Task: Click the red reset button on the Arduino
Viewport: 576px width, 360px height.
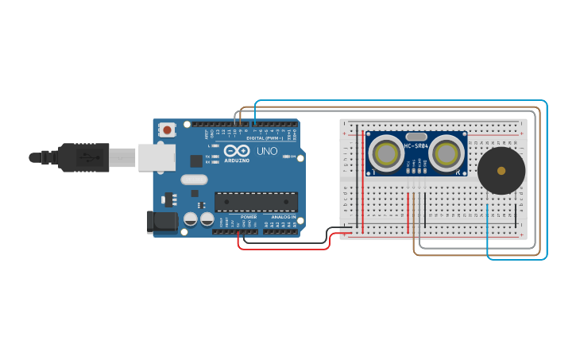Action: [167, 130]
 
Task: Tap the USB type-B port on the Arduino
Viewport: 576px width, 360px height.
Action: [156, 157]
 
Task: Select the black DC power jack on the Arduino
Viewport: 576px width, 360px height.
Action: [162, 222]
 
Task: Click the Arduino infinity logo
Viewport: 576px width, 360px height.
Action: [236, 150]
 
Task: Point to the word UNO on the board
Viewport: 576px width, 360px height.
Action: [266, 150]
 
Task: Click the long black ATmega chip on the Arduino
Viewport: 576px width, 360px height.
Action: [256, 202]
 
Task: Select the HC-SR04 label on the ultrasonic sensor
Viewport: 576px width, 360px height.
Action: [416, 145]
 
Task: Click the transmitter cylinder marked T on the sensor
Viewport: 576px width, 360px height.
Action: [386, 154]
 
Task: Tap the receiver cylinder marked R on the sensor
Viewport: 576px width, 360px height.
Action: [446, 154]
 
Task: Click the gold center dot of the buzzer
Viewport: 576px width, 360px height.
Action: [501, 170]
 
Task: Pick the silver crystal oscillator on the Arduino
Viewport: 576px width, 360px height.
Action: [194, 180]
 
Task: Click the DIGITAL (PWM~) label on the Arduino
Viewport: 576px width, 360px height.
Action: [265, 138]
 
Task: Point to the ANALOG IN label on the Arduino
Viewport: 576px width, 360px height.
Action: [283, 216]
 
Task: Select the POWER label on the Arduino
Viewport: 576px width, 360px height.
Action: [249, 216]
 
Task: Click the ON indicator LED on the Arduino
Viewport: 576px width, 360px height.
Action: [286, 157]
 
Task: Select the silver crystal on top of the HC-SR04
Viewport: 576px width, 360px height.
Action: [416, 137]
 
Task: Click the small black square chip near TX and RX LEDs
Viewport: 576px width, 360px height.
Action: [196, 161]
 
